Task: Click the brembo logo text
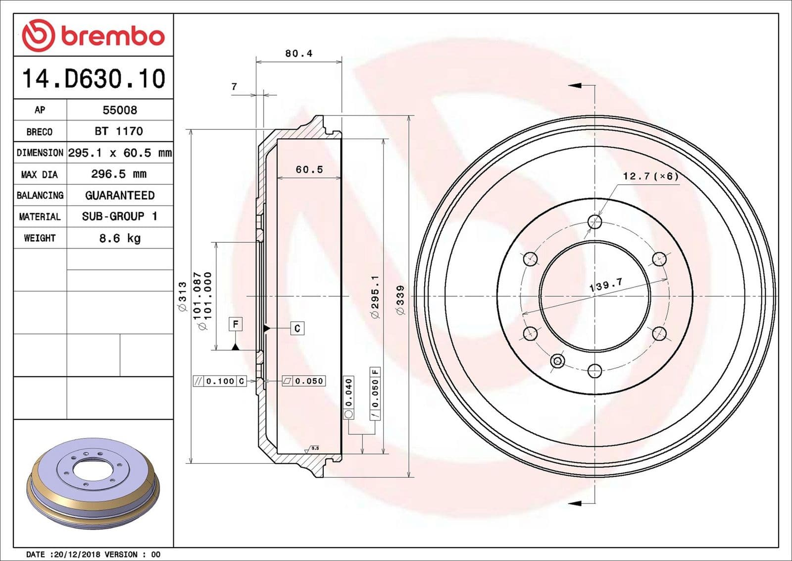[112, 36]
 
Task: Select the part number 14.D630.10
[94, 79]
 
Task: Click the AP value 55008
[120, 110]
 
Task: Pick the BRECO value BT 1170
[119, 131]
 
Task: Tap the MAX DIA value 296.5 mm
[119, 174]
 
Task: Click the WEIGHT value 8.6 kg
[120, 238]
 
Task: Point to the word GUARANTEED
[120, 195]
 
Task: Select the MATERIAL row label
[40, 217]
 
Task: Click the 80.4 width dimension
[298, 54]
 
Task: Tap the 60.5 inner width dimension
[309, 169]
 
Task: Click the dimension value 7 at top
[234, 87]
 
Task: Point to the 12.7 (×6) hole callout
[650, 176]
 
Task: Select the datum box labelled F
[236, 324]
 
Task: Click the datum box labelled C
[297, 328]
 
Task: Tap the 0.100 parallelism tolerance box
[219, 381]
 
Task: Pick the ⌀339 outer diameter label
[400, 299]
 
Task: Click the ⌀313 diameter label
[182, 296]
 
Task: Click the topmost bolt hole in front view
[594, 222]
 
